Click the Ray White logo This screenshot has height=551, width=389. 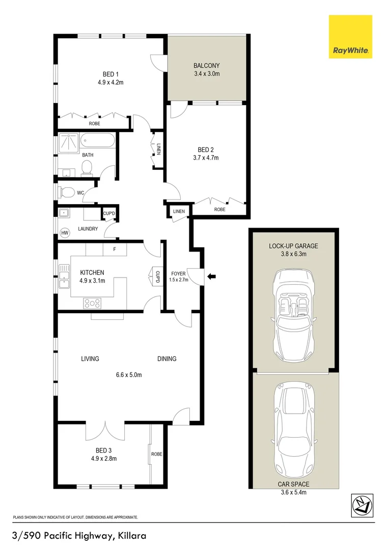click(x=350, y=37)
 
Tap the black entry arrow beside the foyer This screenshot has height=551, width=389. click(x=211, y=277)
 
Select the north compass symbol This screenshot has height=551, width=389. click(x=362, y=505)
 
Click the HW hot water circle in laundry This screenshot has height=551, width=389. click(x=65, y=233)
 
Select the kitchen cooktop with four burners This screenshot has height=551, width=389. click(x=92, y=303)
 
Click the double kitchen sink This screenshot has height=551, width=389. click(x=64, y=276)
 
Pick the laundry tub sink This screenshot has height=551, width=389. click(x=64, y=213)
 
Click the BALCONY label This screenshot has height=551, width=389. click(x=207, y=65)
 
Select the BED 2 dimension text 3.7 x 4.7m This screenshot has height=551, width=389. click(x=206, y=158)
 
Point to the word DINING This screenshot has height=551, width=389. click(x=166, y=359)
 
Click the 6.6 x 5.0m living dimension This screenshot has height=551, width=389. click(x=129, y=375)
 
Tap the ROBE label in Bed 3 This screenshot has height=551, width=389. click(x=156, y=454)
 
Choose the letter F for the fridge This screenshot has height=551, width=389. click(x=115, y=249)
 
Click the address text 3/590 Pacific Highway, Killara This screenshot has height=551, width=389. click(x=79, y=536)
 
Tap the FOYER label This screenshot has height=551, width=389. click(x=178, y=274)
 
